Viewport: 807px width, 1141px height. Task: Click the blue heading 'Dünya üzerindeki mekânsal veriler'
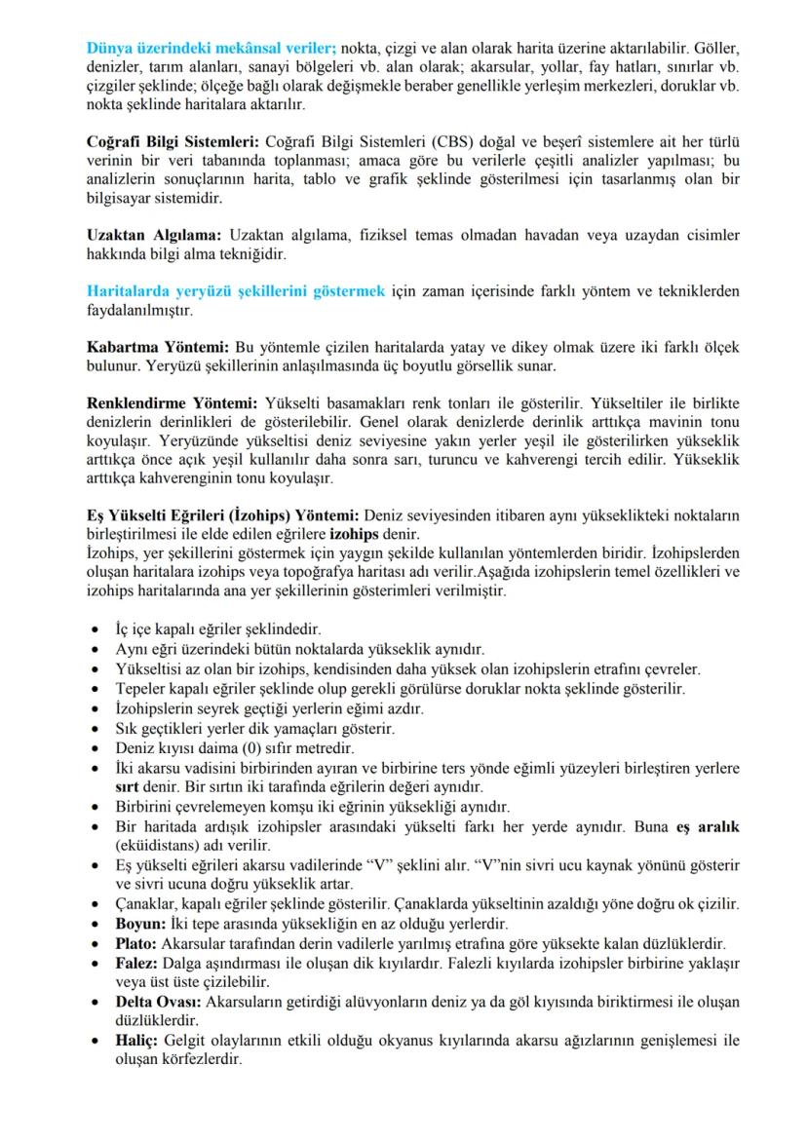(x=211, y=47)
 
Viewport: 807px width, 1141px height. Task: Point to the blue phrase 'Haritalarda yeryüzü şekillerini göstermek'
(x=236, y=291)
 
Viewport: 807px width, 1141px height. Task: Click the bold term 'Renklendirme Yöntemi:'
(x=172, y=403)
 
